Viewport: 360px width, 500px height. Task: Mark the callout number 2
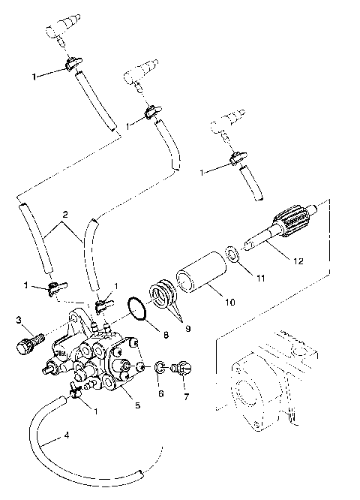pos(65,214)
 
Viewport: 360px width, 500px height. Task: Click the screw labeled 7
pos(180,370)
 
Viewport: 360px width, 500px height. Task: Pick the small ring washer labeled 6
pos(160,368)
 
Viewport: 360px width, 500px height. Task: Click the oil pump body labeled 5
pos(105,360)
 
